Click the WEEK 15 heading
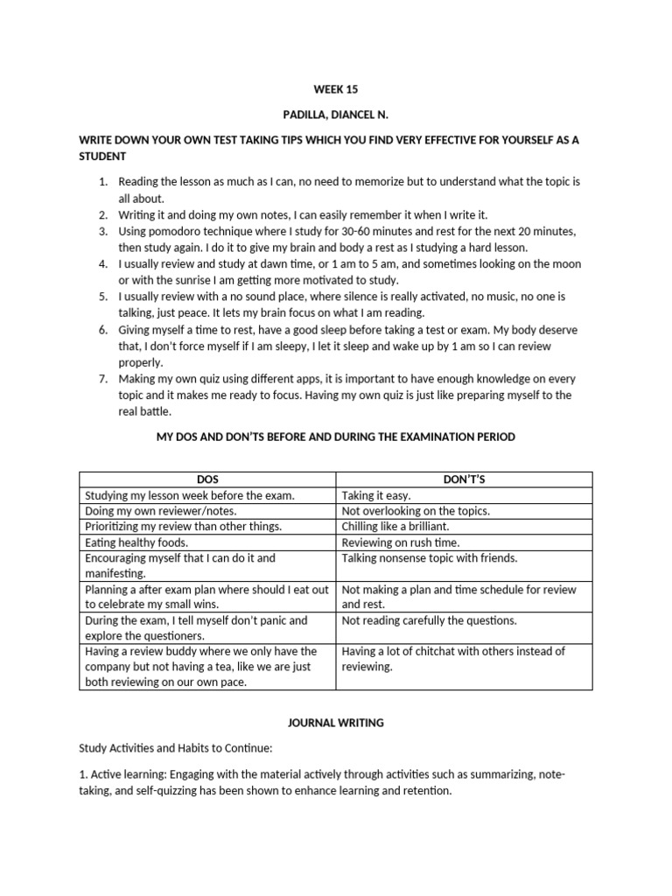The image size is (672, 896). [x=336, y=89]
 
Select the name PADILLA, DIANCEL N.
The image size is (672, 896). [x=336, y=114]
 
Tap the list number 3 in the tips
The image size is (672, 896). [x=102, y=231]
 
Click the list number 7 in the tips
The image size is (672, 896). [x=102, y=379]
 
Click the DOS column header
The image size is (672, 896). [x=207, y=479]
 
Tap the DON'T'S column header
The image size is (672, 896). [x=464, y=479]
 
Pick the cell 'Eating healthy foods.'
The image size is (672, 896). [x=136, y=542]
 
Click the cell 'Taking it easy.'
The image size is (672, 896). [x=376, y=495]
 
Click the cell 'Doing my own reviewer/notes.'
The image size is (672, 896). [x=160, y=511]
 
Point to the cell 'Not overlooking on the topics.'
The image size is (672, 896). [x=416, y=511]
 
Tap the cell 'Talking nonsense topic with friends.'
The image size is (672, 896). [x=430, y=558]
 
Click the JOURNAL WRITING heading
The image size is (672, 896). [x=336, y=724]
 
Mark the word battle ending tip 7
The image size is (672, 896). [x=153, y=411]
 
